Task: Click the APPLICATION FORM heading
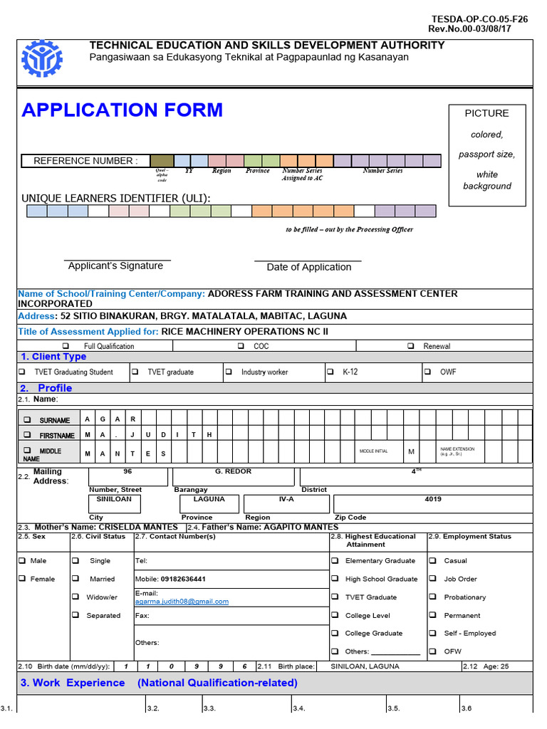click(122, 110)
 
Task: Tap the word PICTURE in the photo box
click(486, 113)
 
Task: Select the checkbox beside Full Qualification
click(66, 346)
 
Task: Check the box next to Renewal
click(411, 346)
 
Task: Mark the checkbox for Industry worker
click(229, 372)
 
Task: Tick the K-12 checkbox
click(330, 372)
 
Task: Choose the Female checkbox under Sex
click(22, 579)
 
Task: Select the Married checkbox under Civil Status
click(75, 579)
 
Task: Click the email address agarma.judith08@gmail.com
click(182, 602)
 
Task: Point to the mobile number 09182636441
click(182, 579)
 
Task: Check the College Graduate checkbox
click(335, 633)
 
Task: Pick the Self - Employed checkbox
click(433, 633)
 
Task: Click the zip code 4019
click(433, 500)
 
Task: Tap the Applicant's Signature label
click(115, 266)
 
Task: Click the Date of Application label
click(308, 268)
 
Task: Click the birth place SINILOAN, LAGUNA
click(365, 667)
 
